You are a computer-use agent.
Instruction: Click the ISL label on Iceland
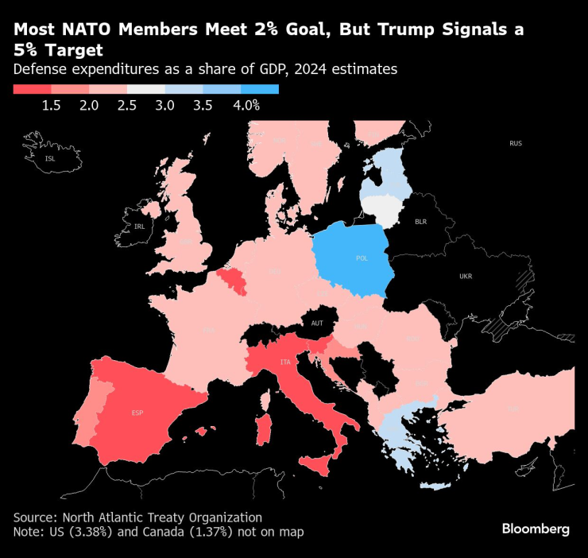click(x=50, y=159)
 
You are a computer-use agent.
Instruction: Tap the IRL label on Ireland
click(x=140, y=227)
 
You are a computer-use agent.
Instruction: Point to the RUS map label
click(x=516, y=143)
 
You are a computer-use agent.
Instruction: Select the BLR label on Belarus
click(x=420, y=222)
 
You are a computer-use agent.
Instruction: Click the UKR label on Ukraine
click(x=465, y=277)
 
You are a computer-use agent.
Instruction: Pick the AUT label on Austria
click(x=317, y=323)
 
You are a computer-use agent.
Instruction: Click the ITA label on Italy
click(x=284, y=362)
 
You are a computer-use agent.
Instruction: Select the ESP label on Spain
click(x=137, y=413)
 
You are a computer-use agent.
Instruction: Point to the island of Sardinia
click(x=261, y=426)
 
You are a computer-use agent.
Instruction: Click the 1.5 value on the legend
click(x=52, y=105)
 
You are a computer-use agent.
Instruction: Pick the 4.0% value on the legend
click(x=246, y=105)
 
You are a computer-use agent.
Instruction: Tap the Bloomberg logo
click(x=535, y=529)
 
